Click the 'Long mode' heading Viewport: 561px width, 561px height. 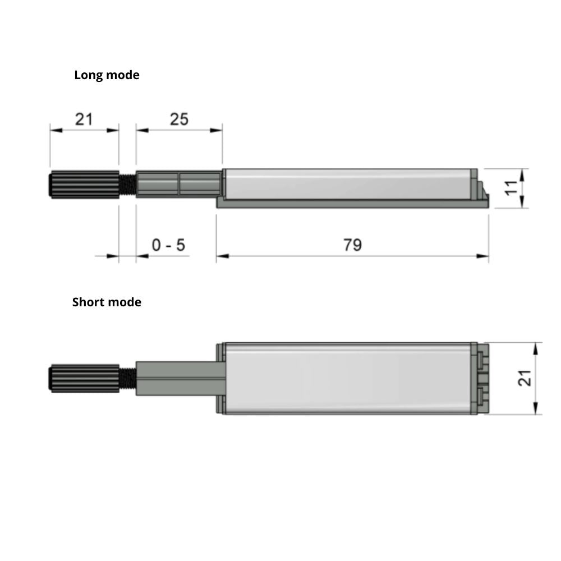107,75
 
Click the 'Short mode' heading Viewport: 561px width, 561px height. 107,302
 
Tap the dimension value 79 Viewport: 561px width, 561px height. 352,245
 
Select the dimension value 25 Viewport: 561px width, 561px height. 179,119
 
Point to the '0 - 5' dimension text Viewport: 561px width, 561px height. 168,245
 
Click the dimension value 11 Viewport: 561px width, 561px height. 511,187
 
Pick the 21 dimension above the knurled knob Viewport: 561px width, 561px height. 84,119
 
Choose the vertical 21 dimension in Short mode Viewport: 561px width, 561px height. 525,378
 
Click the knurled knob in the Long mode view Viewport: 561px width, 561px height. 84,184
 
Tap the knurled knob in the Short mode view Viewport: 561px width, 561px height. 84,378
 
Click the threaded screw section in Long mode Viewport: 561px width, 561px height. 127,184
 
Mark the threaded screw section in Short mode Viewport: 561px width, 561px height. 127,378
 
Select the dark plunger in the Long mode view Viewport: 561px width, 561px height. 178,184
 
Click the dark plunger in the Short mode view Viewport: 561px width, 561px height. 178,378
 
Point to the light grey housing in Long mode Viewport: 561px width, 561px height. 348,184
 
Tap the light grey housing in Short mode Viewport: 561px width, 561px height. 348,378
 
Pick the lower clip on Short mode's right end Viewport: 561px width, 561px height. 483,395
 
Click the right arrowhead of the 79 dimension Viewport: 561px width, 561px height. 483,256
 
